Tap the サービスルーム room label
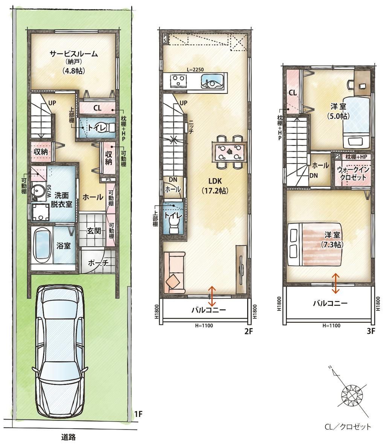(73, 54)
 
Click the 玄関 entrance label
(94, 231)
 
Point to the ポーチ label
(98, 263)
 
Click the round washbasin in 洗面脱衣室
(38, 191)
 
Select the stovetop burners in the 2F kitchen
(178, 81)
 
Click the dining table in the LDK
(229, 152)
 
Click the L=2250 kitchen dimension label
(195, 70)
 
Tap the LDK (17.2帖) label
(215, 186)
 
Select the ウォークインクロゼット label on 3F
(353, 173)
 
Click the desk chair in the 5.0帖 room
(350, 84)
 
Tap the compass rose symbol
(352, 393)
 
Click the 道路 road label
(69, 437)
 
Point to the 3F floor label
(371, 331)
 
